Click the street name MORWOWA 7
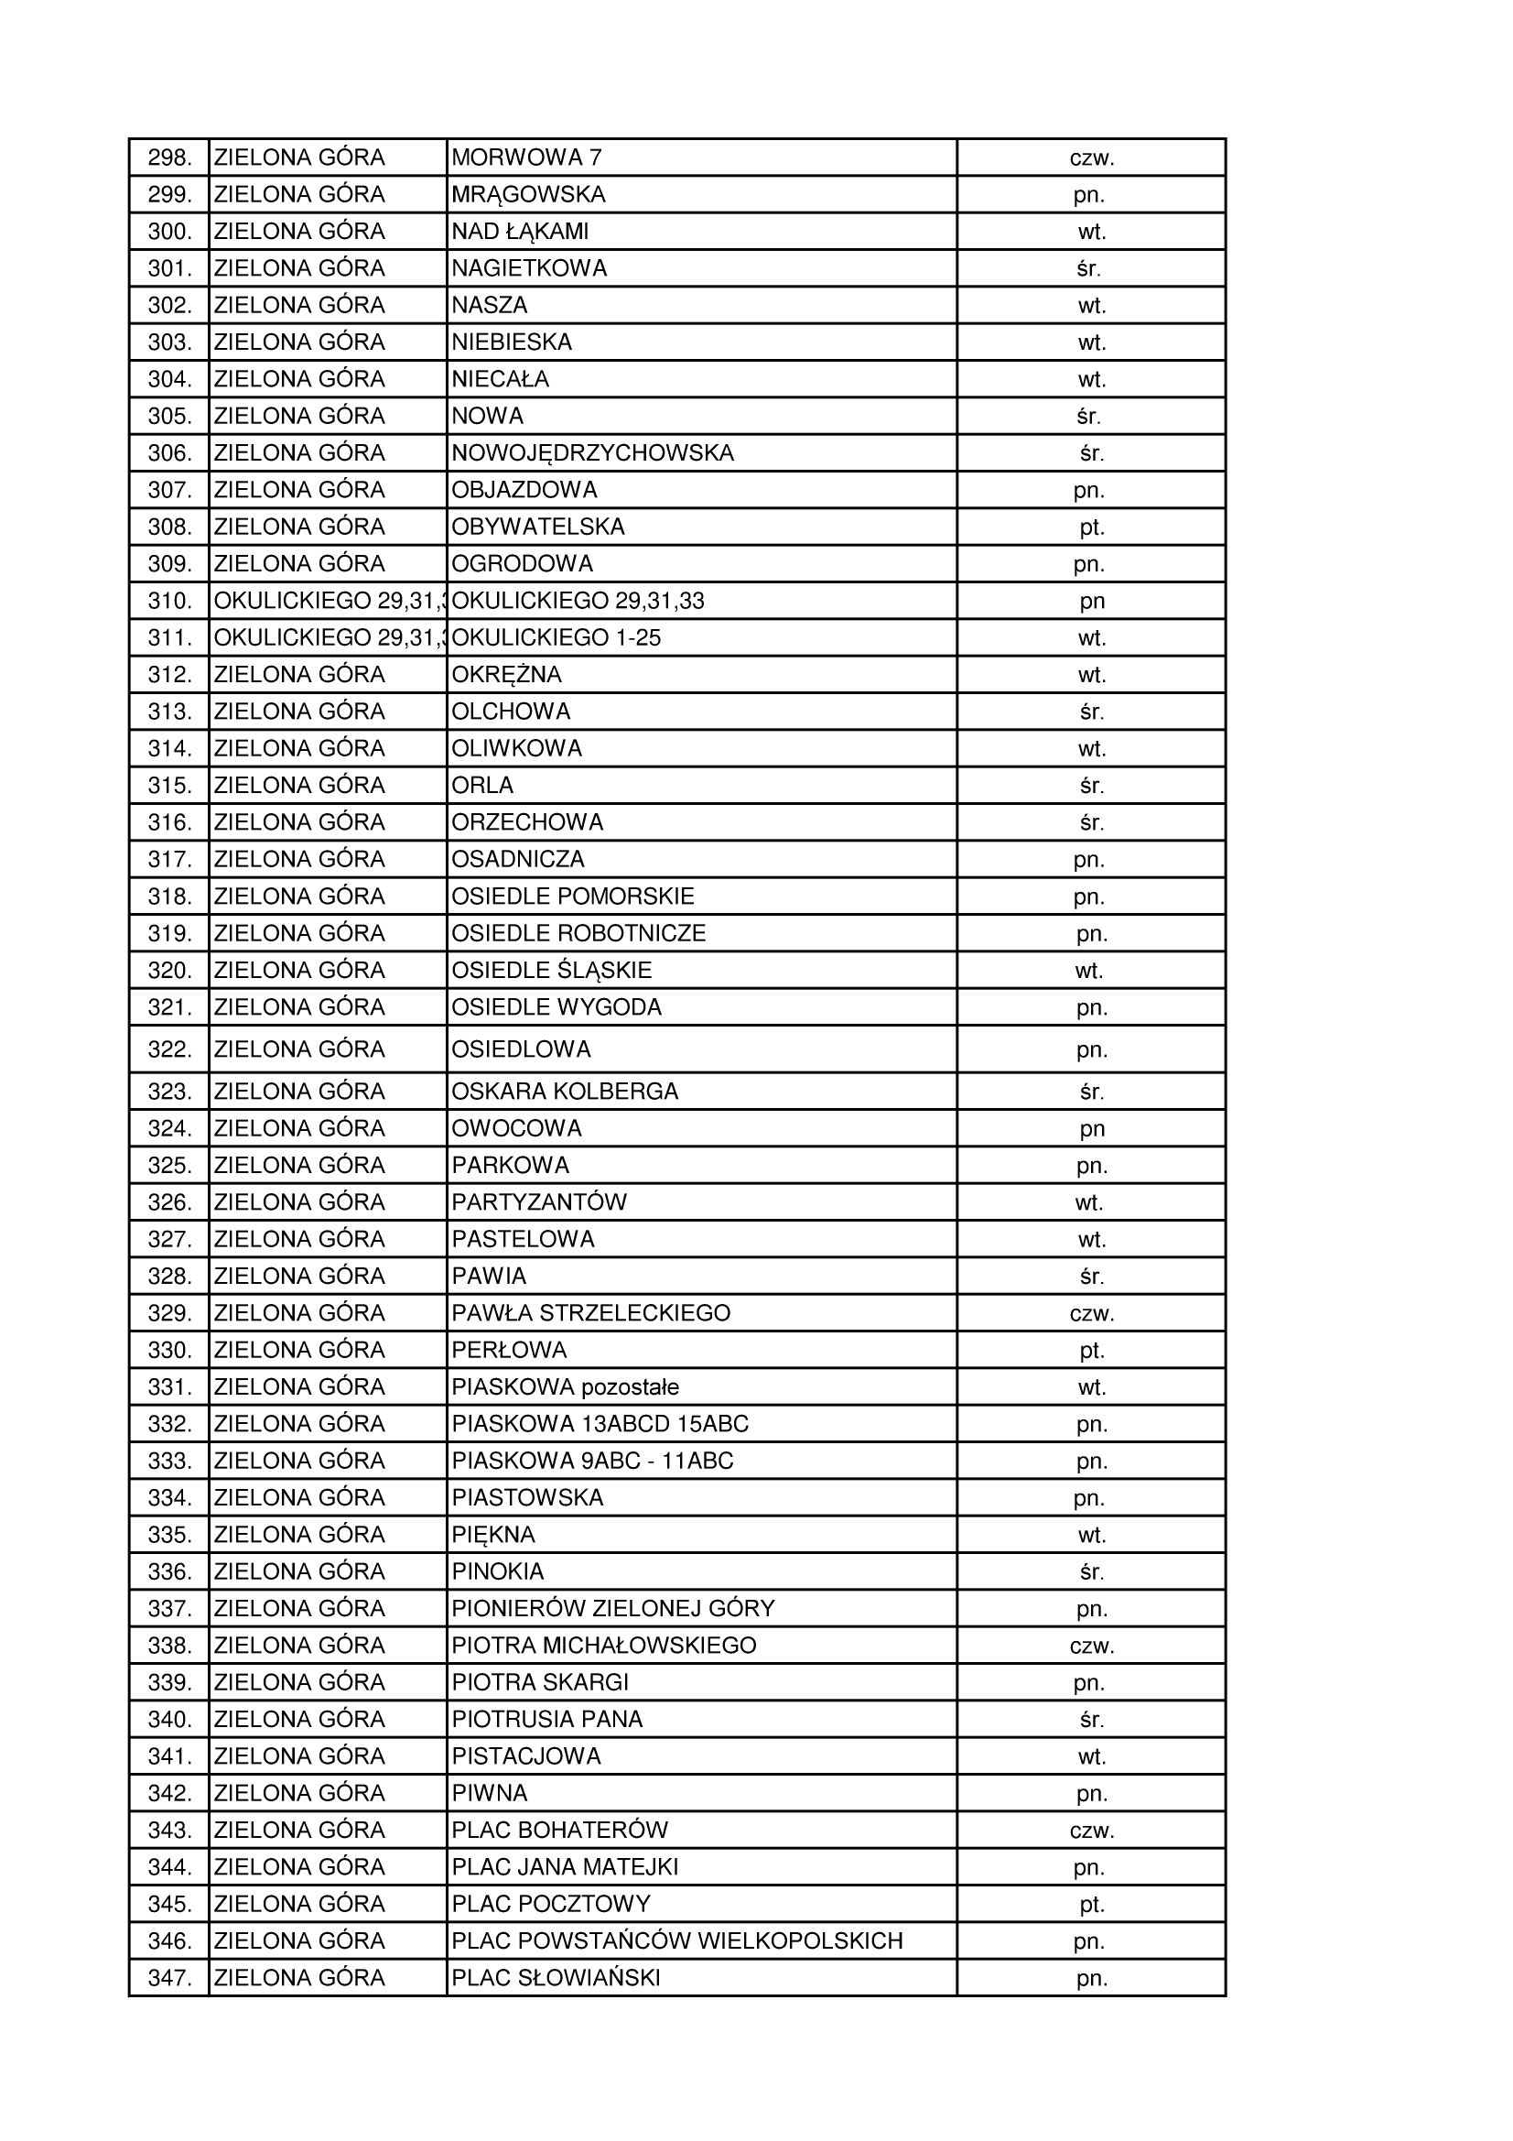point(526,158)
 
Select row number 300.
point(169,232)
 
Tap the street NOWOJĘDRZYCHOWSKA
point(593,453)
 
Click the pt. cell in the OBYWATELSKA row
point(1092,527)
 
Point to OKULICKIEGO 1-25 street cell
point(557,638)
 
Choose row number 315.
point(169,785)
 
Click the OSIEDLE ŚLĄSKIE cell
point(552,971)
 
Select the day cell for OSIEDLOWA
point(1092,1050)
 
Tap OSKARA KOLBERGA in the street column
point(565,1091)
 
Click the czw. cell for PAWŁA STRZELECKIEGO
point(1092,1313)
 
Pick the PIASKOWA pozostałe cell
point(566,1387)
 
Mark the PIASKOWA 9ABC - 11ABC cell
point(593,1462)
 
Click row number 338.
point(169,1646)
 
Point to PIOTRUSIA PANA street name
point(547,1720)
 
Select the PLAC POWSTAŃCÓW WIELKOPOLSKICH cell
point(677,1941)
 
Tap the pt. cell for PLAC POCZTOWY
point(1092,1904)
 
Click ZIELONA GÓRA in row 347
point(299,1978)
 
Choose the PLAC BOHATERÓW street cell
point(560,1831)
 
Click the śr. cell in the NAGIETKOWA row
point(1089,268)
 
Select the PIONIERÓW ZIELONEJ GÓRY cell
point(613,1609)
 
